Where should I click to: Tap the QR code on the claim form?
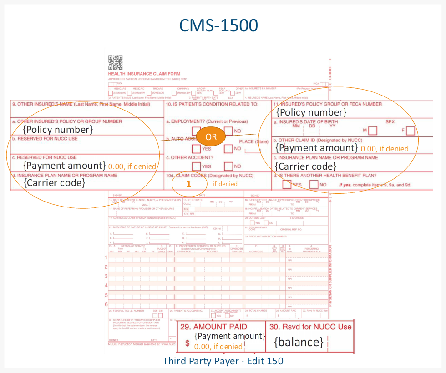point(116,62)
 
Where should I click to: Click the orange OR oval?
point(211,137)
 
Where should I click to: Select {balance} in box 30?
point(299,342)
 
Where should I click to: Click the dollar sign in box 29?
point(188,343)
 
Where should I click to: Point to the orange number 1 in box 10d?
point(188,184)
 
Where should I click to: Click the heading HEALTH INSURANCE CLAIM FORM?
point(144,74)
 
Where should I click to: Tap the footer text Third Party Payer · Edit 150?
point(223,361)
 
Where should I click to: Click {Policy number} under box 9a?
point(58,130)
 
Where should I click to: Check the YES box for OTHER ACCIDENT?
point(196,166)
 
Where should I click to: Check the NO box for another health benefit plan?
point(314,185)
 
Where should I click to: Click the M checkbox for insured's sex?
point(373,131)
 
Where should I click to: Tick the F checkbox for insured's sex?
point(411,131)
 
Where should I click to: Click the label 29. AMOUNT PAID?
point(213,327)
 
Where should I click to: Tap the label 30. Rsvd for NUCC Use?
point(310,327)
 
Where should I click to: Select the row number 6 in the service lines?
point(106,304)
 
